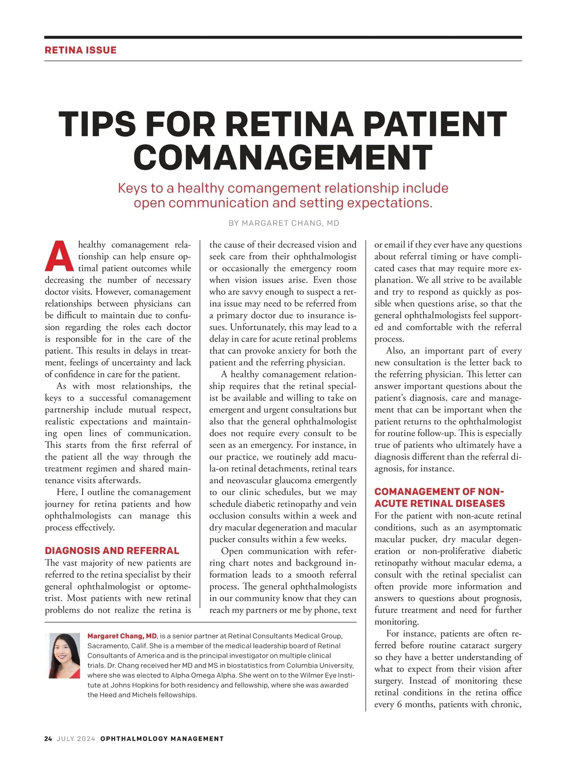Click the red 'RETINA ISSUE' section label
80,50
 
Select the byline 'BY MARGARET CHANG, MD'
283,223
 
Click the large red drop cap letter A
60,257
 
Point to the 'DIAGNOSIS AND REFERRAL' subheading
112,551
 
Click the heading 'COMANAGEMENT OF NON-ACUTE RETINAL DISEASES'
440,498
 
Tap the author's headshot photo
64,656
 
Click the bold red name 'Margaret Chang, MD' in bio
122,636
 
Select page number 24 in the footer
48,739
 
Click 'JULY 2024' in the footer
75,739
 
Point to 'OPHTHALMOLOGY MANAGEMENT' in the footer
162,739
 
